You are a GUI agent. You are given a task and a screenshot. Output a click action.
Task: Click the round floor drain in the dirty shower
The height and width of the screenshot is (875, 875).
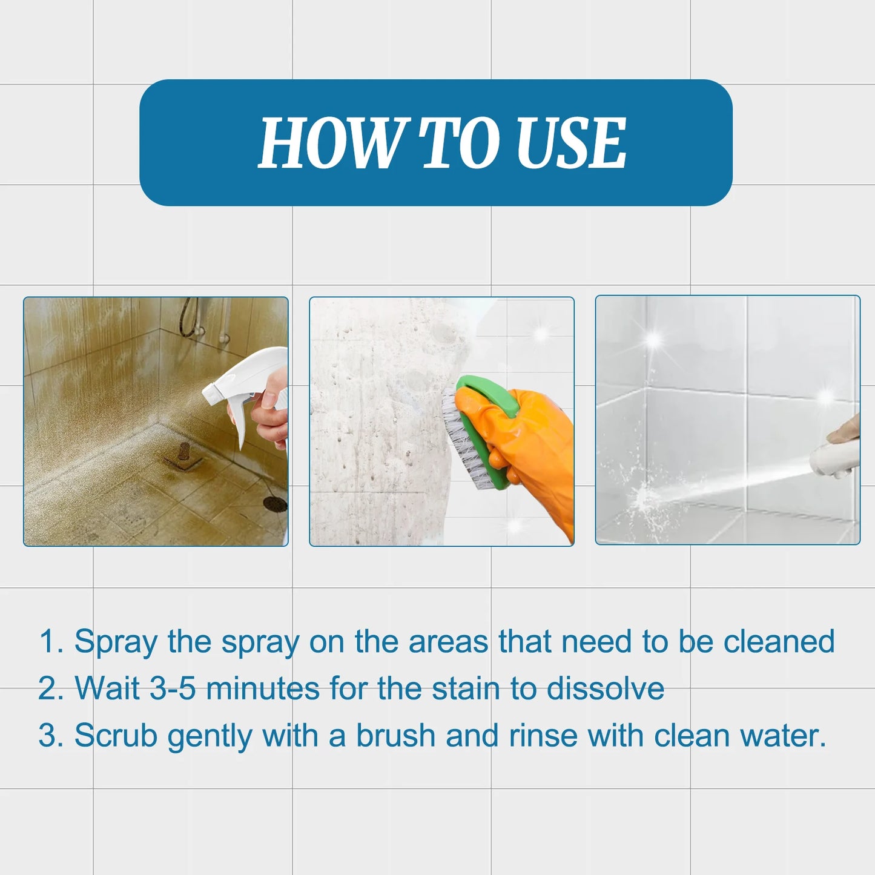pyautogui.click(x=276, y=503)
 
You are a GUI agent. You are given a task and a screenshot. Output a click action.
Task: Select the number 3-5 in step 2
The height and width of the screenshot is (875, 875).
pyautogui.click(x=173, y=689)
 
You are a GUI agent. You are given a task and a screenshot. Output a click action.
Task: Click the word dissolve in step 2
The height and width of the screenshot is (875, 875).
pyautogui.click(x=605, y=689)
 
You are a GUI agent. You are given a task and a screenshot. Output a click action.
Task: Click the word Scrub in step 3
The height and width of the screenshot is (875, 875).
pyautogui.click(x=116, y=736)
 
